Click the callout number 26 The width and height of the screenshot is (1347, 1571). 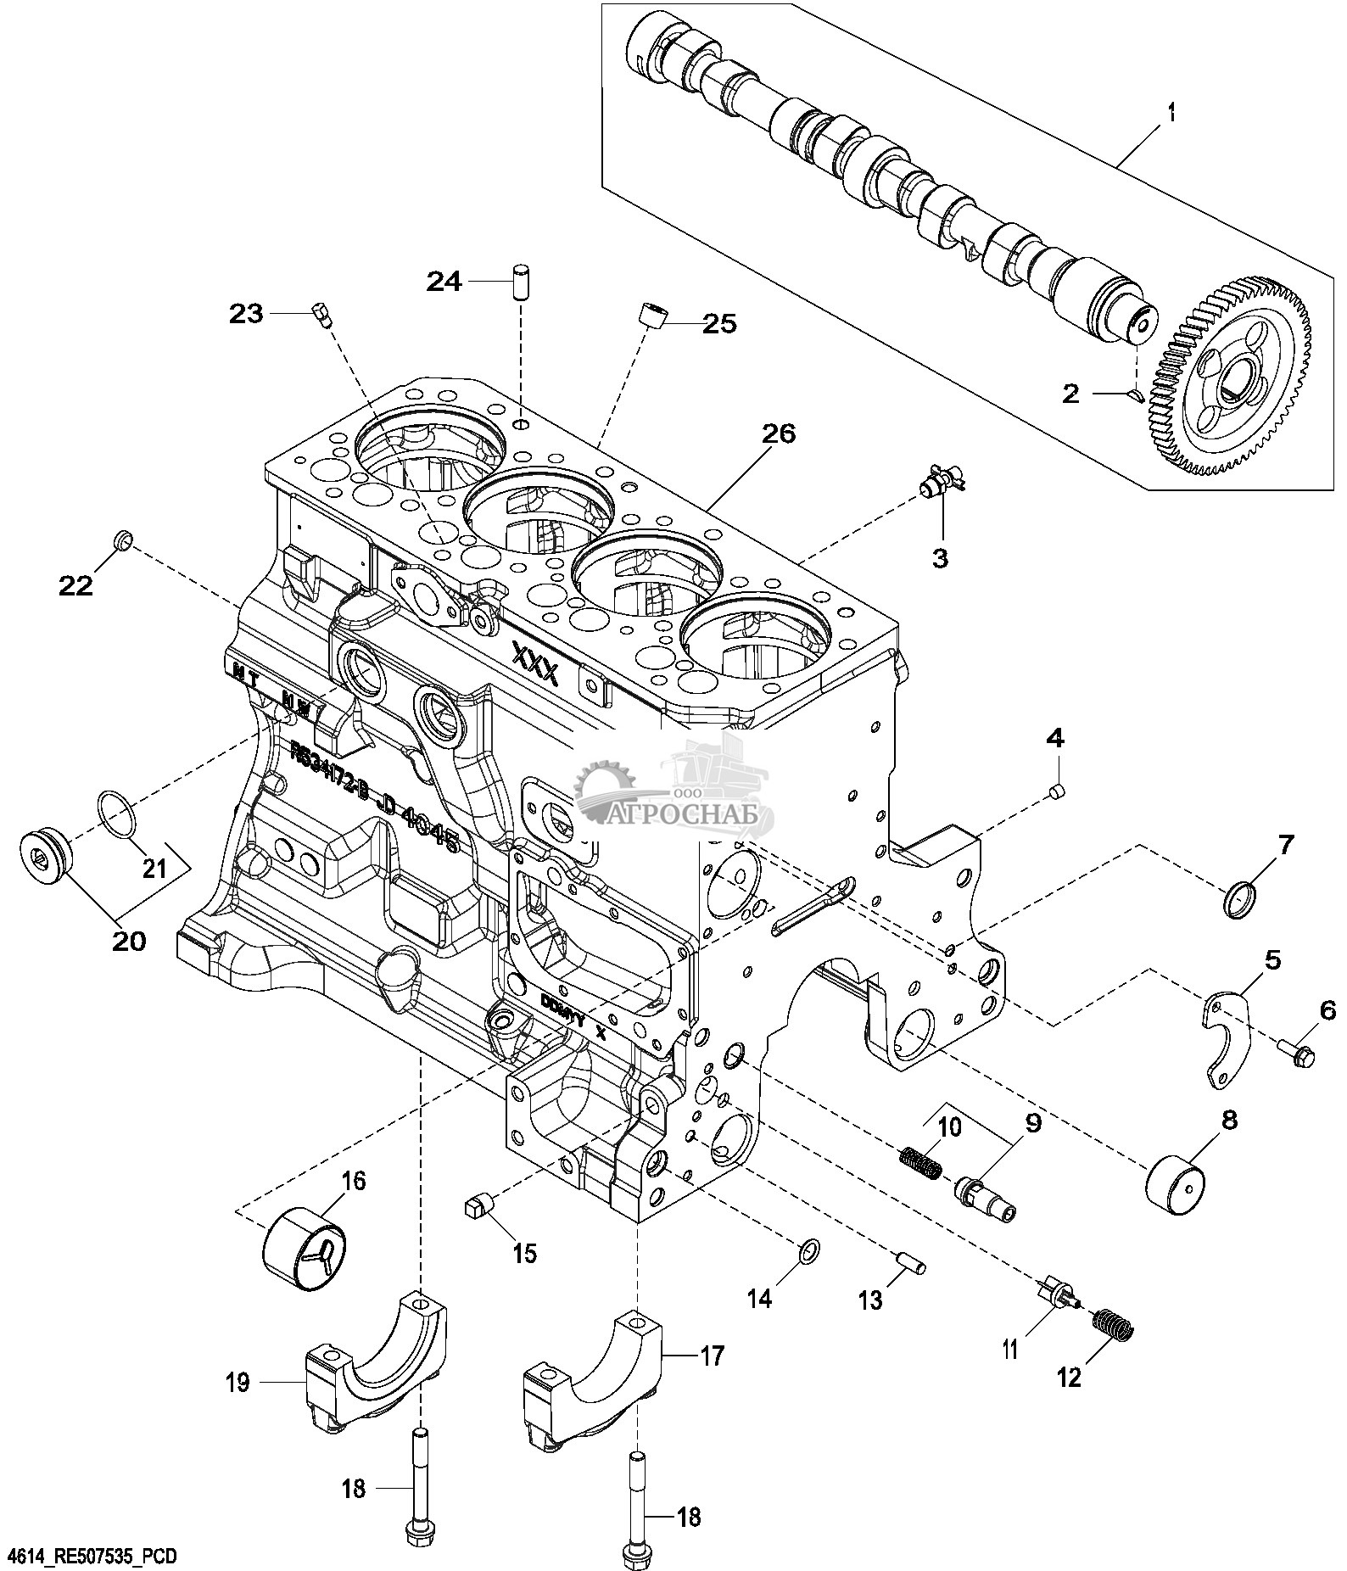click(778, 434)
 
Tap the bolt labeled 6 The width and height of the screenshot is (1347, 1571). click(1294, 1055)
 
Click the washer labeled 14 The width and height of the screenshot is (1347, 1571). click(809, 1250)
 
